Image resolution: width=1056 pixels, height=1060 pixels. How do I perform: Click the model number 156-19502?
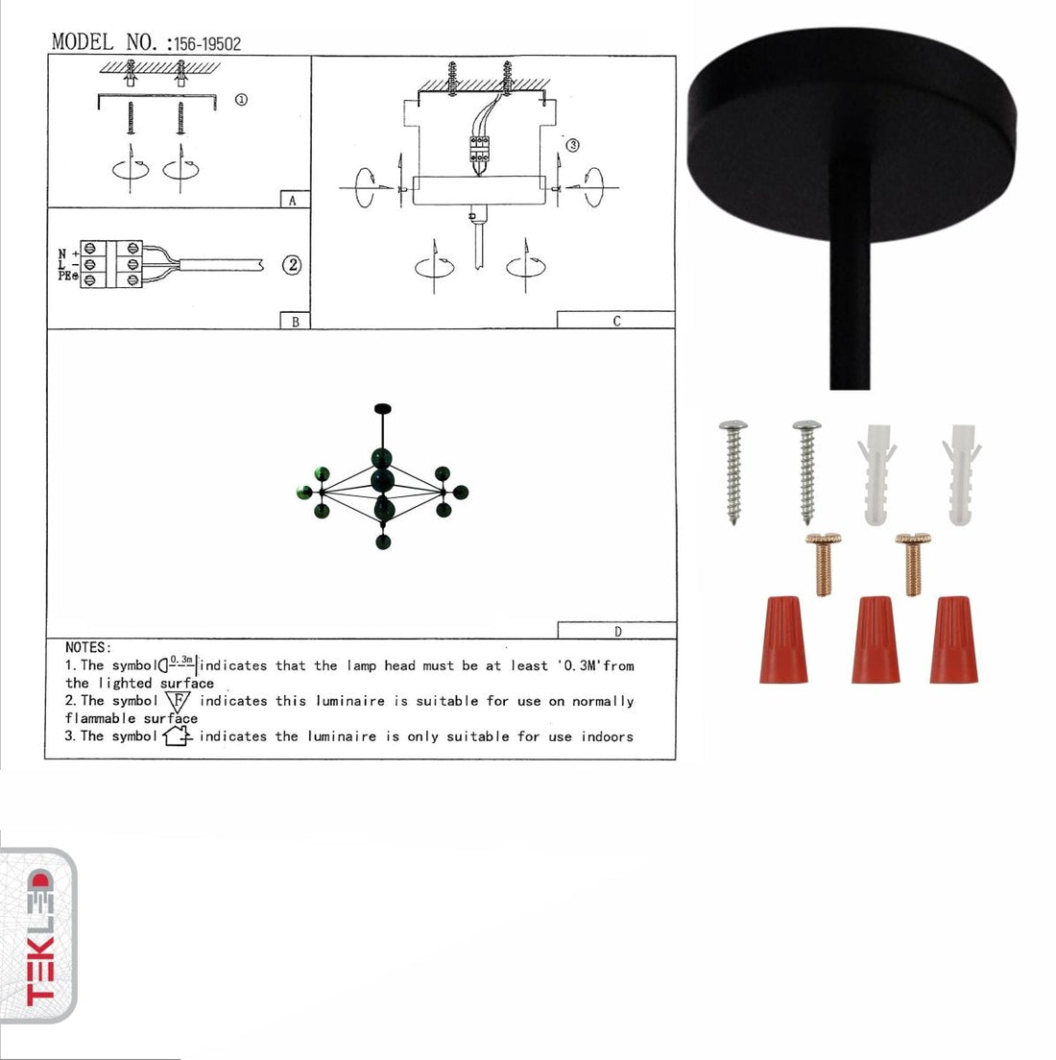point(207,44)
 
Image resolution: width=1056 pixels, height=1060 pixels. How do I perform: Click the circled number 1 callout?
point(241,100)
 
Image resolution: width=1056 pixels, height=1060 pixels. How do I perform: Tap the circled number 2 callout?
point(292,264)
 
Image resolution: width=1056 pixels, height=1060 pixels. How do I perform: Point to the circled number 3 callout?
point(572,145)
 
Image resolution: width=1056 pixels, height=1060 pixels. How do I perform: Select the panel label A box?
point(296,200)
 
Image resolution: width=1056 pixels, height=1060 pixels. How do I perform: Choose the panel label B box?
point(296,321)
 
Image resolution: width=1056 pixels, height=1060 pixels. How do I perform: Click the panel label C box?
point(616,321)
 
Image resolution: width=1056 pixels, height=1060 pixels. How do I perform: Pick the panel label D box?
point(617,631)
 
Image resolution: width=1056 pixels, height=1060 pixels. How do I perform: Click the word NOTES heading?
point(88,648)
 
